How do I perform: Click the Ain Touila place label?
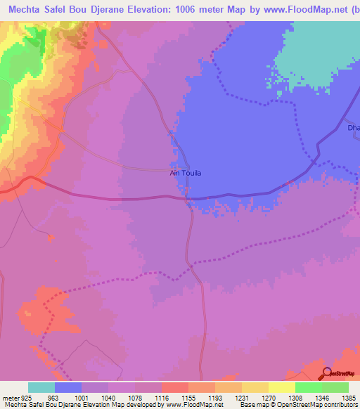pos(186,172)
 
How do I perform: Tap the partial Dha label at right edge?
pos(353,128)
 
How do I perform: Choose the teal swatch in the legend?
pos(41,387)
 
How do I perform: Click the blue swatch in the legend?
pos(68,387)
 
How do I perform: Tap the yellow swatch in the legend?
pos(282,387)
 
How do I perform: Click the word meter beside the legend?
pos(8,397)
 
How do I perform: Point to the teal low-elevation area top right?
pos(323,49)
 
